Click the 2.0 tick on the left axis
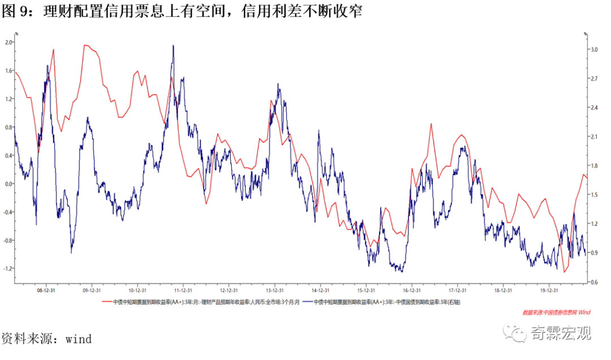(8, 42)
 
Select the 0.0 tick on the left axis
(8, 183)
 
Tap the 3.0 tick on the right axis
(593, 50)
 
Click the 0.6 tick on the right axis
(593, 282)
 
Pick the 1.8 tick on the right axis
(593, 166)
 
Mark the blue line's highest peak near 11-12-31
(173, 46)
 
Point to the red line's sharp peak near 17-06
(431, 124)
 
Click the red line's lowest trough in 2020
(564, 272)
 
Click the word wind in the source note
(79, 339)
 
